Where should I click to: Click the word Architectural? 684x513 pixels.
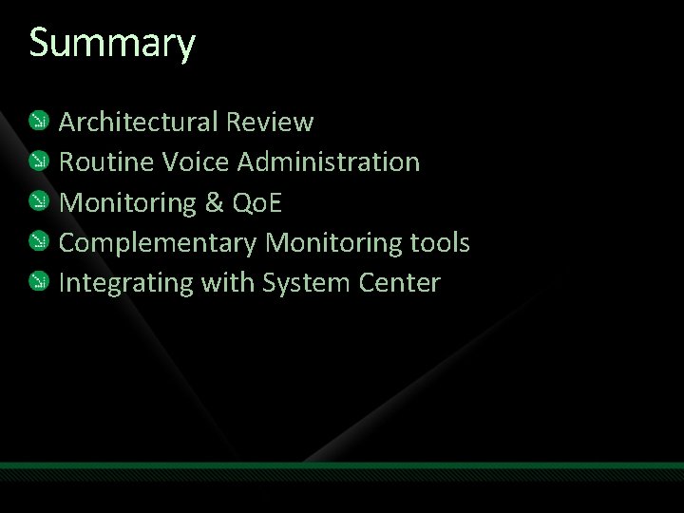(x=139, y=122)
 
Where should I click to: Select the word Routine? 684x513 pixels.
(x=105, y=162)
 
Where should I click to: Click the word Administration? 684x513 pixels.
(x=329, y=162)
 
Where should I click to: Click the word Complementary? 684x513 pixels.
(x=158, y=243)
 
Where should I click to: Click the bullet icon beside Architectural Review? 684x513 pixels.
(x=39, y=120)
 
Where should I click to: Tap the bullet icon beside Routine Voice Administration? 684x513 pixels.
(x=39, y=161)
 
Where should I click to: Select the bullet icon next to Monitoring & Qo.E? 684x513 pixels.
(x=39, y=200)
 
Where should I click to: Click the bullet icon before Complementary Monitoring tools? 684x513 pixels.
(x=39, y=241)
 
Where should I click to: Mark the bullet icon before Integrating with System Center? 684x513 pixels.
(x=39, y=281)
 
